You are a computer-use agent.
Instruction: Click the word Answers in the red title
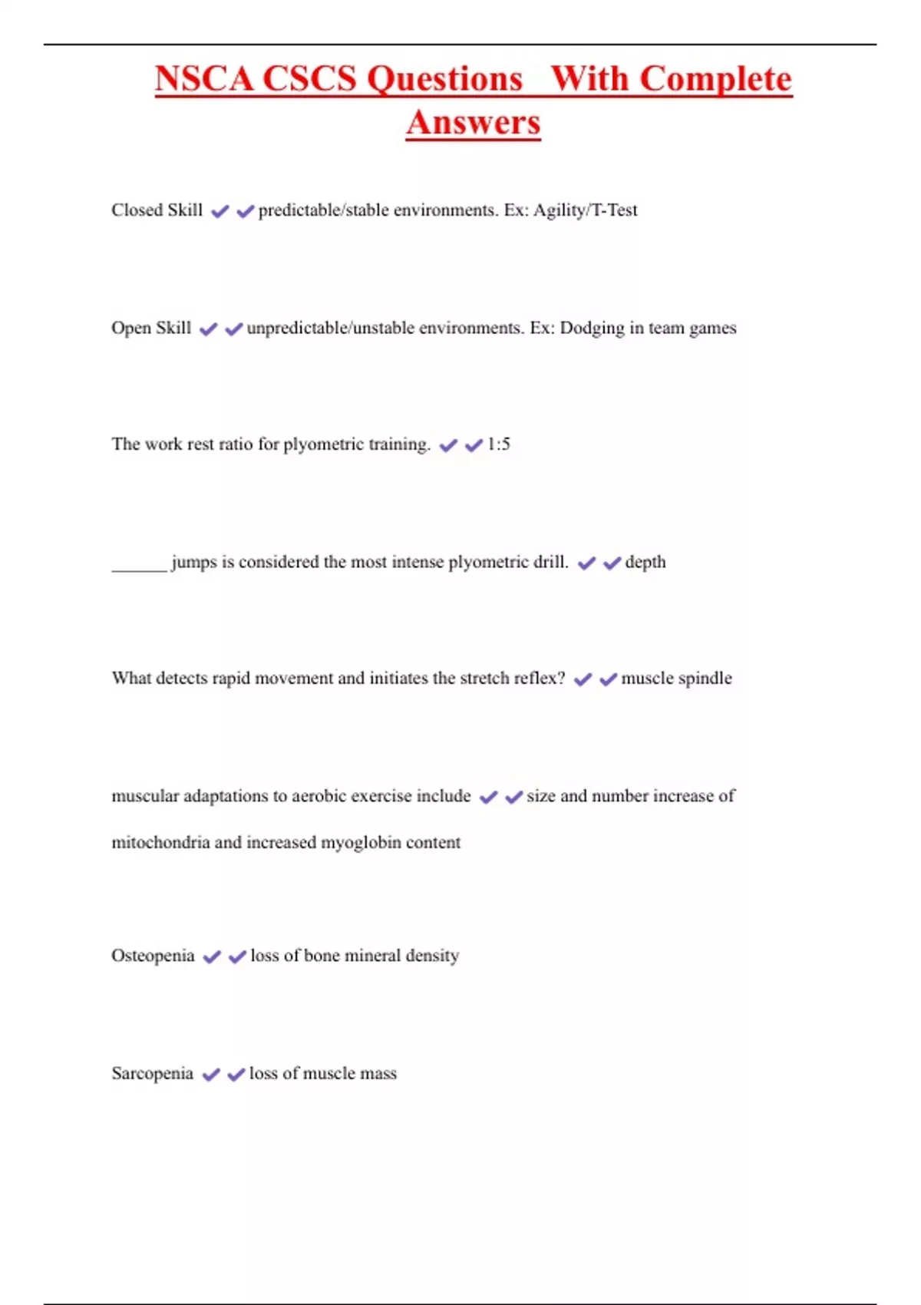pos(473,123)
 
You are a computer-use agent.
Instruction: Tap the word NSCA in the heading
pos(203,79)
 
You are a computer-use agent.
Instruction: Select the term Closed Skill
pos(157,210)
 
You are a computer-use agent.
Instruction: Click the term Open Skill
pos(151,328)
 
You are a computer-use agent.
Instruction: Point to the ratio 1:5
pos(498,444)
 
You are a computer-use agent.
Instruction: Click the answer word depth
pos(645,562)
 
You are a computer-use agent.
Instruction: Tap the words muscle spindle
pos(676,679)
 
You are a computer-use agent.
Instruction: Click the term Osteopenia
pos(153,956)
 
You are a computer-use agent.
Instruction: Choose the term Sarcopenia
pos(152,1073)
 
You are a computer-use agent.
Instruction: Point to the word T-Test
pos(612,210)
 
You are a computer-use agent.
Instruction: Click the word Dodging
pos(592,328)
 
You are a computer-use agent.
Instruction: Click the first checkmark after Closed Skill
pos(220,211)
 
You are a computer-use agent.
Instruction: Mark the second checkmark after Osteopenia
pos(237,956)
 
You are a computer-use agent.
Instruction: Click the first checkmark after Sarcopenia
pos(211,1074)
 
